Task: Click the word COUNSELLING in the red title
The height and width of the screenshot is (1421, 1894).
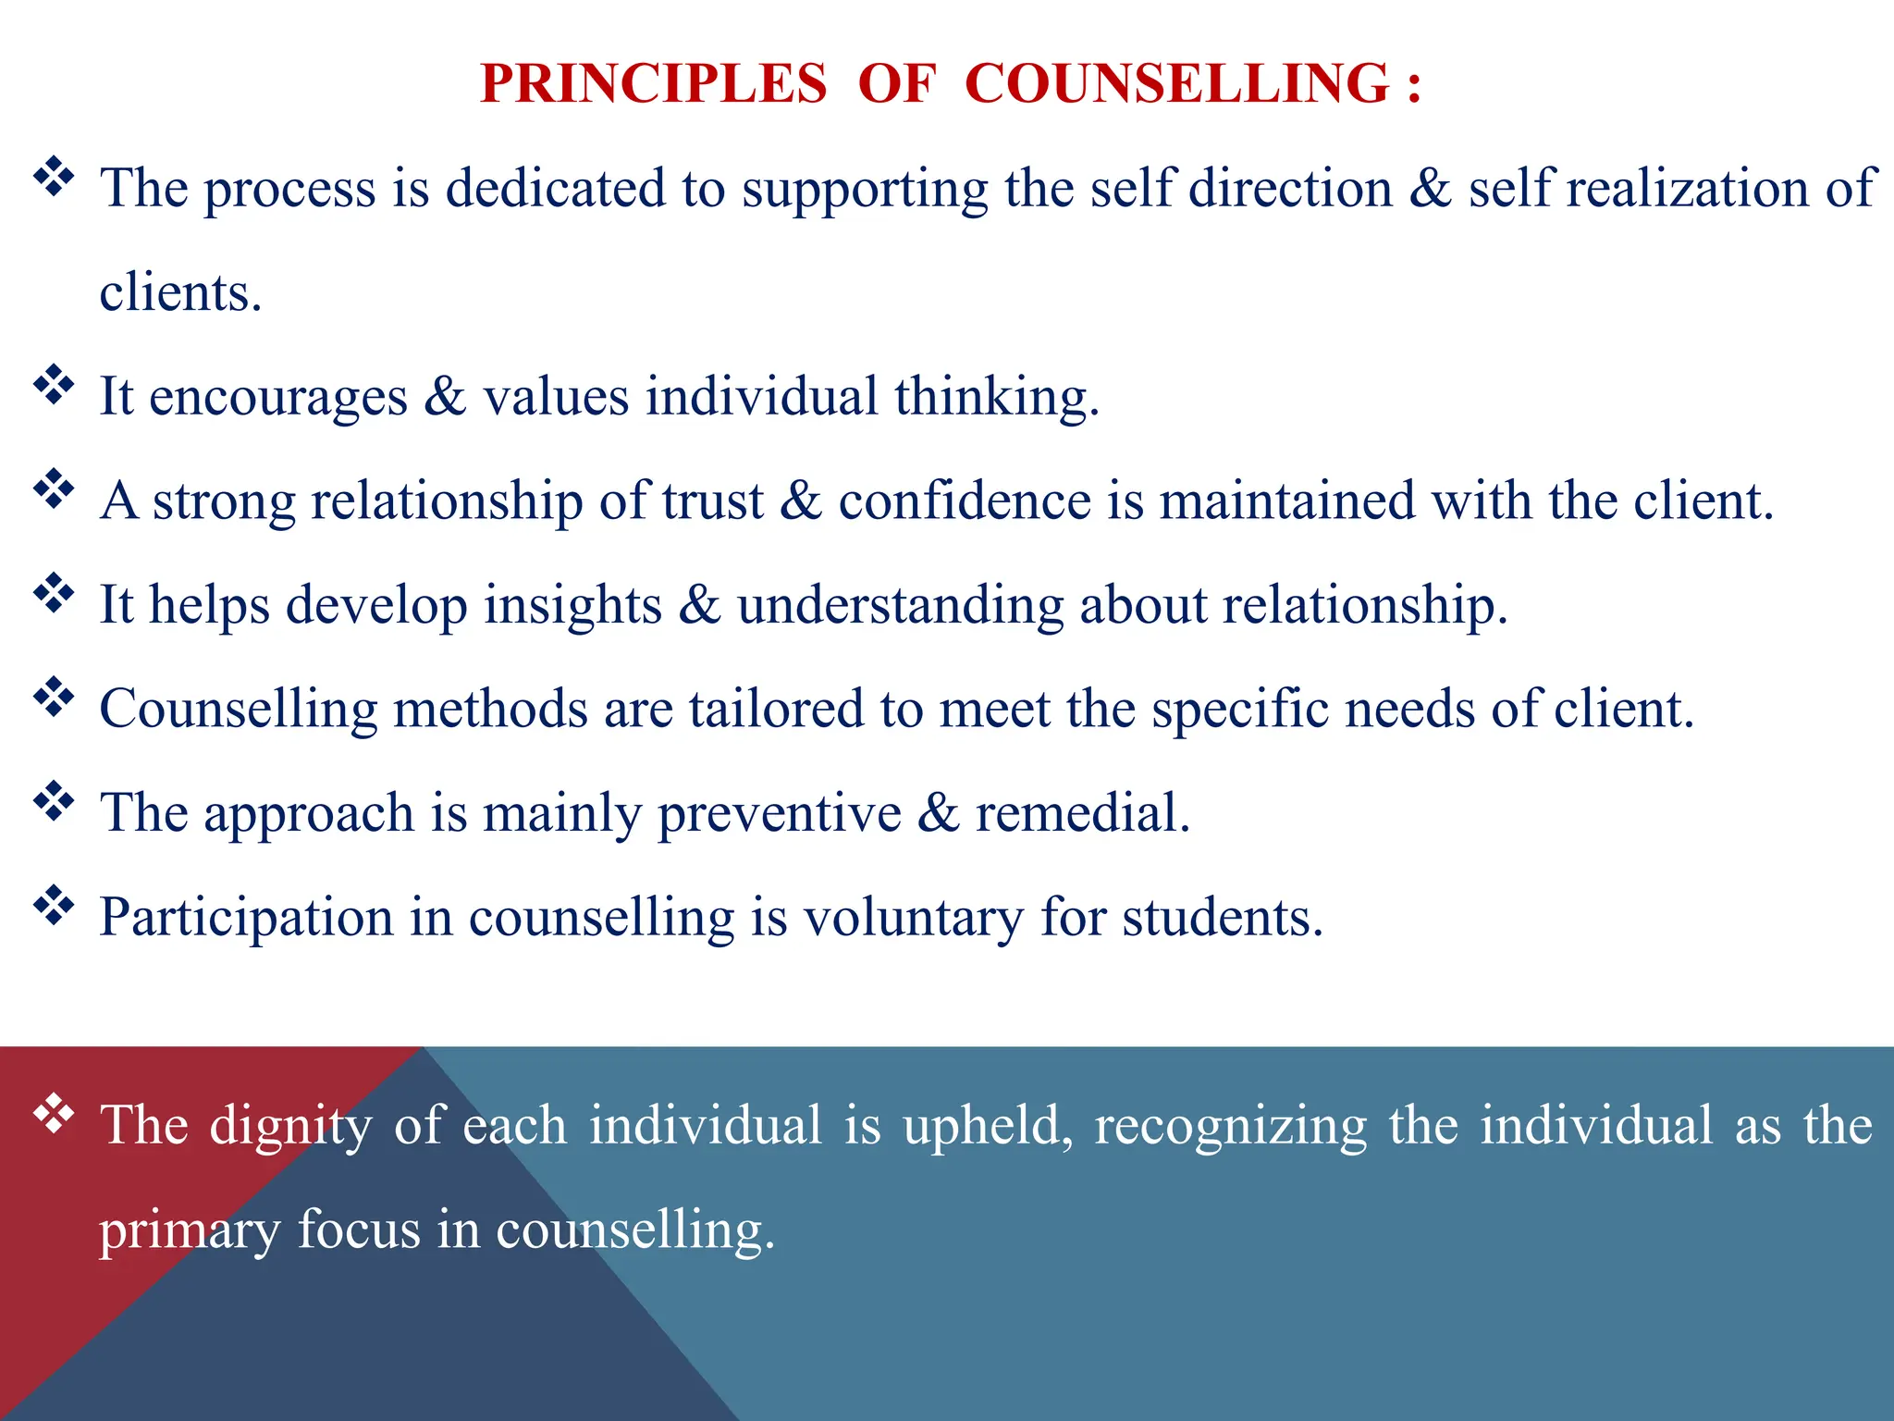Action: tap(1176, 84)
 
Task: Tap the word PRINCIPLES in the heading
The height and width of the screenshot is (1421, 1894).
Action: tap(653, 84)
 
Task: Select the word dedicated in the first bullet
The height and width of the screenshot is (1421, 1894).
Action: tap(555, 188)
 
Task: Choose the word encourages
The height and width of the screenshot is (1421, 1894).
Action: tap(277, 397)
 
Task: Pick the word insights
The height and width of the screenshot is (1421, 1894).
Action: tap(572, 606)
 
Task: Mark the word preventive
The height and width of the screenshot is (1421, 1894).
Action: tap(779, 814)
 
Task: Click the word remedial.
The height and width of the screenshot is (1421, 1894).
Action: tap(1082, 813)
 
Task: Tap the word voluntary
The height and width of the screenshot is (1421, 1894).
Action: tap(913, 919)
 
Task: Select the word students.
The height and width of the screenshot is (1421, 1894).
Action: tap(1223, 918)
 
